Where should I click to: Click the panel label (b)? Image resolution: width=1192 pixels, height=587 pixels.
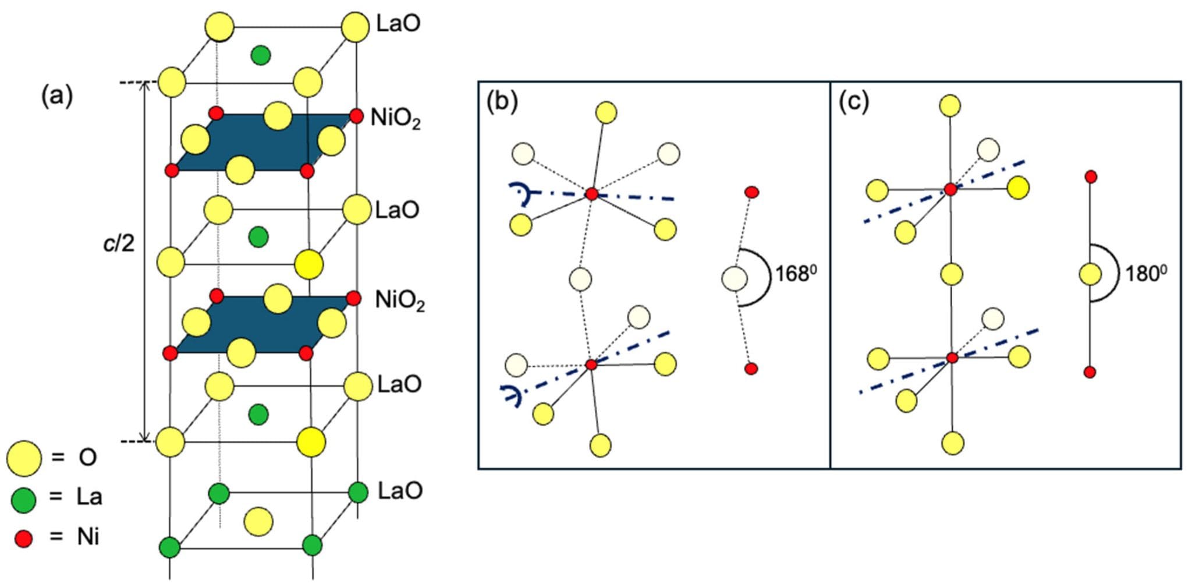click(502, 102)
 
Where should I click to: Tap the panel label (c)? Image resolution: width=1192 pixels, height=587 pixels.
click(853, 102)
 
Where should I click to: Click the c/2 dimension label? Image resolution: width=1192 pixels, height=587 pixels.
click(119, 243)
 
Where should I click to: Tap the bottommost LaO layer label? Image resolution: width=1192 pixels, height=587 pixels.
click(400, 491)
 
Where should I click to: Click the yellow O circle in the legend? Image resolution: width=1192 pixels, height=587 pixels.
click(24, 458)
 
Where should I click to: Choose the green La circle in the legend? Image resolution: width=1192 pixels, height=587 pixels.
click(23, 499)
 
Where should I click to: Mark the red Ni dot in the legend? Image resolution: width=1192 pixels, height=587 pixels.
click(24, 539)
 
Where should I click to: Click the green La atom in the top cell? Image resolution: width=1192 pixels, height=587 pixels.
click(260, 55)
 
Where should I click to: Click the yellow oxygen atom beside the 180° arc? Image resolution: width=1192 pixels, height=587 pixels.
click(1090, 274)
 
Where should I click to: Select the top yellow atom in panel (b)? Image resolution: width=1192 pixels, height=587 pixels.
click(606, 112)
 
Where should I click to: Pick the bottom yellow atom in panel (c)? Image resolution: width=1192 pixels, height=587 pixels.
click(953, 443)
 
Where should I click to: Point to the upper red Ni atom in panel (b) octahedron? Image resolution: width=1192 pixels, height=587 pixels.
click(591, 194)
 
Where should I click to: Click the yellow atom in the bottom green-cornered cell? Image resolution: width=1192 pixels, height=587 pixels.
click(258, 521)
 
